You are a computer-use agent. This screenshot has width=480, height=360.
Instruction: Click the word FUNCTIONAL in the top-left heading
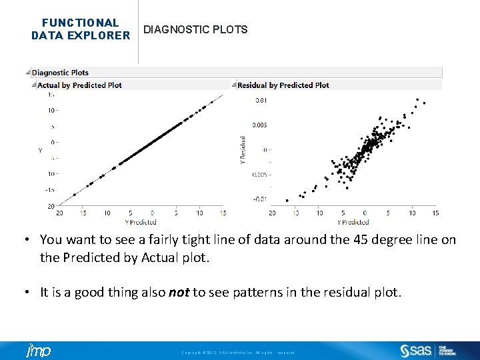point(80,23)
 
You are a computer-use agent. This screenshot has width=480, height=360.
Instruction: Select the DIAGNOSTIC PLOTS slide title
point(195,29)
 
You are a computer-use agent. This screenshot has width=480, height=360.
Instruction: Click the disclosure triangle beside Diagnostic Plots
point(28,73)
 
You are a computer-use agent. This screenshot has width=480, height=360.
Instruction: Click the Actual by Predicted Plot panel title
point(79,85)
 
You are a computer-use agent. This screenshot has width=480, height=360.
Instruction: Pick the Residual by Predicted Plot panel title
point(283,85)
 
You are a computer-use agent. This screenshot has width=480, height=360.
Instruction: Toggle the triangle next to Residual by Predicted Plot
point(233,85)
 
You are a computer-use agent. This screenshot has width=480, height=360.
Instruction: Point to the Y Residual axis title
point(242,149)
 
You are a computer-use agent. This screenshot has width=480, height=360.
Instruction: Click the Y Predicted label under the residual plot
point(353,222)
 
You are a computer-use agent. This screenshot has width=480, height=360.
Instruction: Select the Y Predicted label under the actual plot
point(140,222)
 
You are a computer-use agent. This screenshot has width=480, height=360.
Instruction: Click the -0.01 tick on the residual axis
point(260,199)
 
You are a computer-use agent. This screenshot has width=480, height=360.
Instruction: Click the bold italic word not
point(179,292)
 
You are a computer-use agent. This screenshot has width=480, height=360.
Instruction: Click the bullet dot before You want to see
point(30,240)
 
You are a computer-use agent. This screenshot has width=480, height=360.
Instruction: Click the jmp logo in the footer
point(39,351)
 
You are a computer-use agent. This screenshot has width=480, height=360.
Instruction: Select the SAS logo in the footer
point(417,351)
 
